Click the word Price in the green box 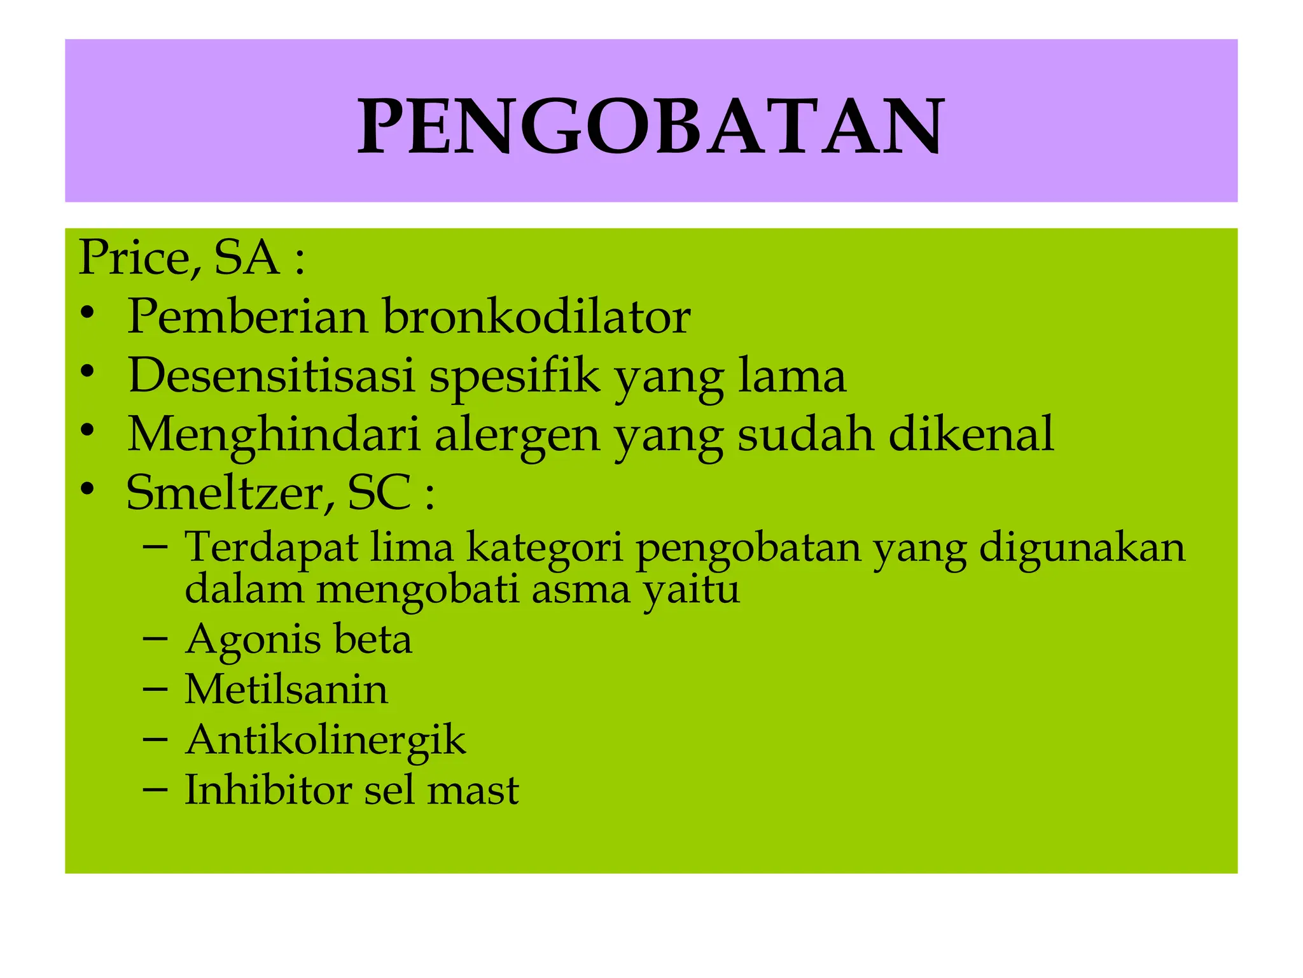tap(134, 258)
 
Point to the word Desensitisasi tap(272, 375)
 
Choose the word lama tap(792, 375)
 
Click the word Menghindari tap(274, 435)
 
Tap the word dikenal tap(971, 434)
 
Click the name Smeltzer tap(230, 493)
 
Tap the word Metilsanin tap(286, 690)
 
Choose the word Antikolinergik tap(325, 741)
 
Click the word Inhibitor tap(267, 790)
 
